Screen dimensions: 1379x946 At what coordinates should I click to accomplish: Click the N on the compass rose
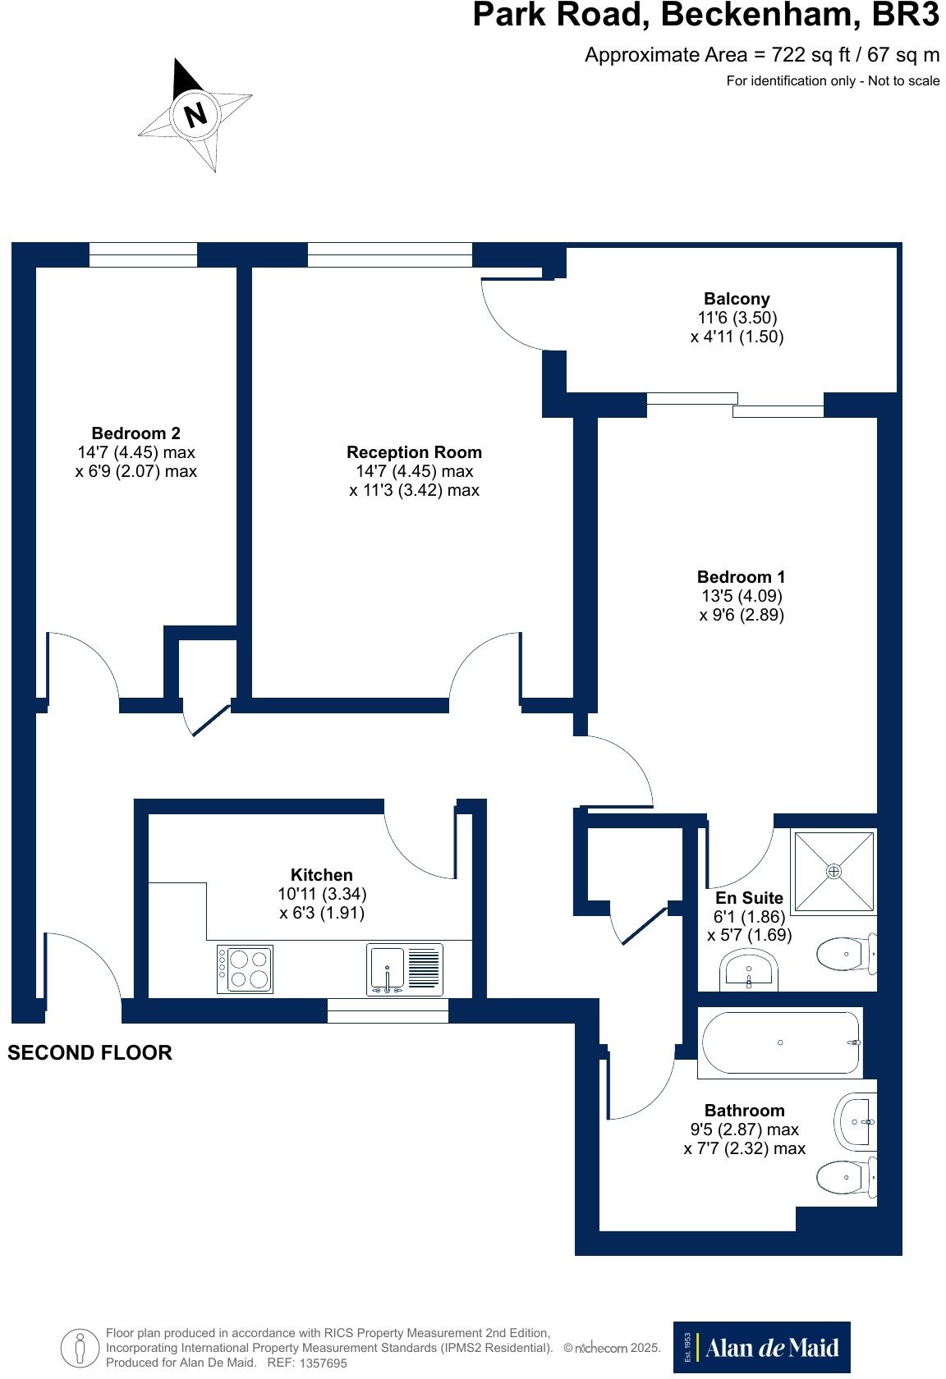(195, 115)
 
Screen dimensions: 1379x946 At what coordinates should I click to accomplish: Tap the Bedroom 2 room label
(135, 433)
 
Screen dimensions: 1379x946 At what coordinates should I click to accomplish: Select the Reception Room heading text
(414, 452)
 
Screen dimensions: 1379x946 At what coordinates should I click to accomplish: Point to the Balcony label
(737, 299)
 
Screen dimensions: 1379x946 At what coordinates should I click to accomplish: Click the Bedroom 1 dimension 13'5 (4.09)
(741, 596)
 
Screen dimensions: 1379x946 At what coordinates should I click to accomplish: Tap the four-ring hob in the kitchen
(245, 969)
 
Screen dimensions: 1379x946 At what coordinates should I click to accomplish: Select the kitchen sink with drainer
(404, 969)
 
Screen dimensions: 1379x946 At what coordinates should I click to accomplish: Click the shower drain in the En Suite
(834, 871)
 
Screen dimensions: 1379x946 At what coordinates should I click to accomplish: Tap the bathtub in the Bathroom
(780, 1042)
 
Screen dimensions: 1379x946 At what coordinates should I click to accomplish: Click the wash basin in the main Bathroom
(856, 1121)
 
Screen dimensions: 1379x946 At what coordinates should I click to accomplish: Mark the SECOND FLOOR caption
(90, 1053)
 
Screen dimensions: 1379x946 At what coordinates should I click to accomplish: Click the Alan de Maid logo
(761, 1347)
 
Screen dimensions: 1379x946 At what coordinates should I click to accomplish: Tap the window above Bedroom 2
(143, 254)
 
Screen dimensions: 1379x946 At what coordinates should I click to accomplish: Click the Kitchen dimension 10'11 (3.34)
(322, 894)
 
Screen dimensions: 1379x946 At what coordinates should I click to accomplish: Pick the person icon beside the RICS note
(80, 1346)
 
